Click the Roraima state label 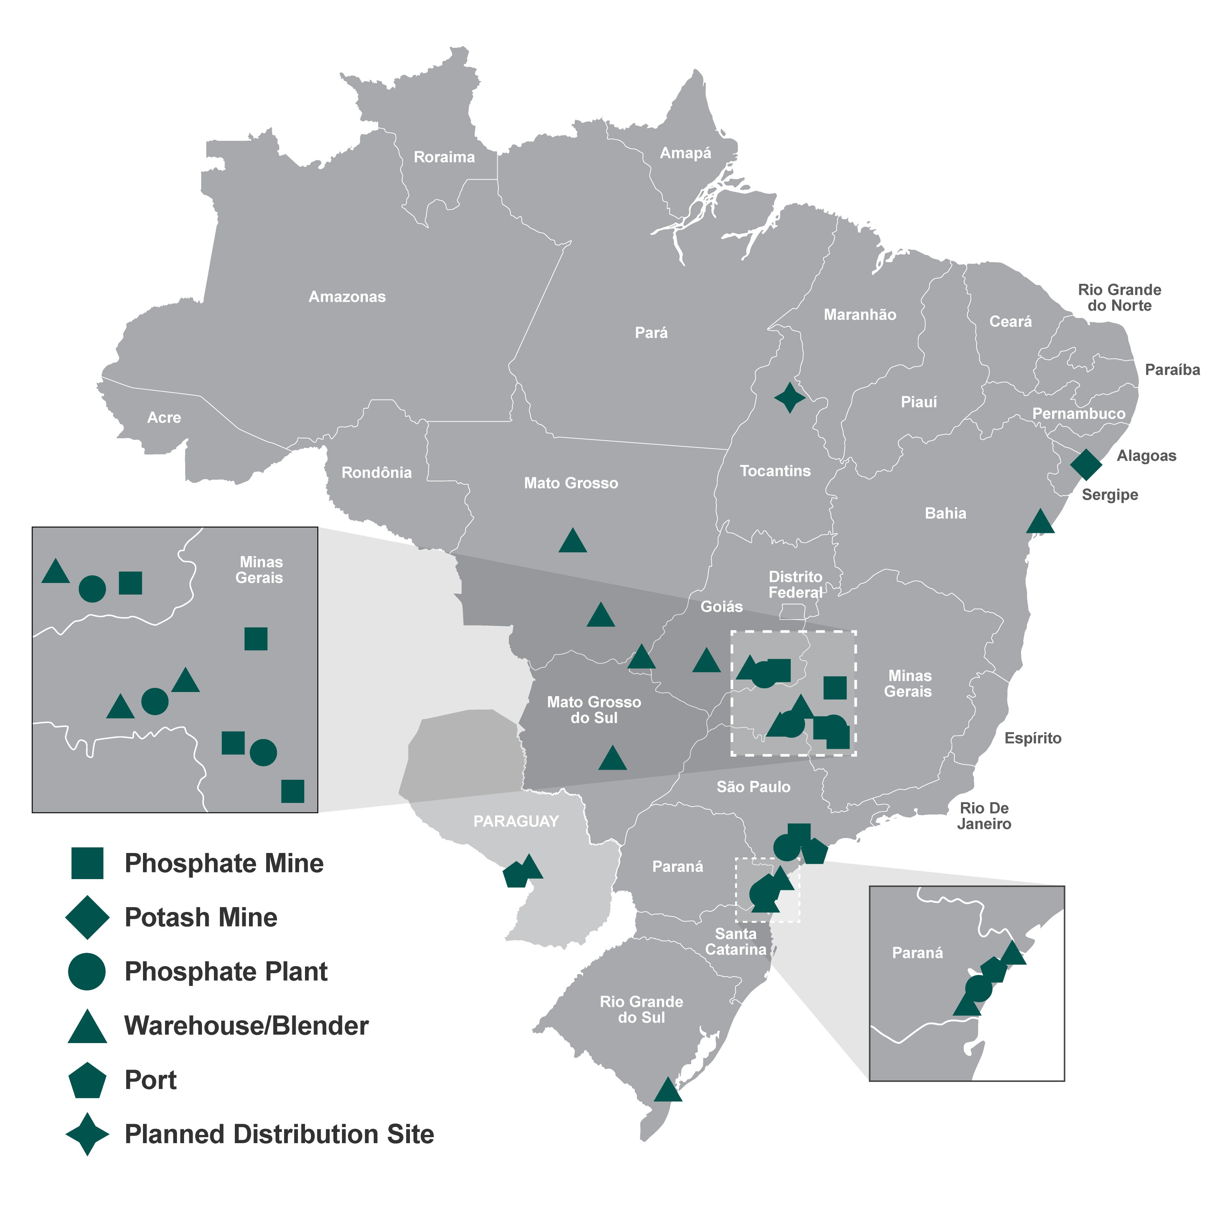444,157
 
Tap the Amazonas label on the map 347,297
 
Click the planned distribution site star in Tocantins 790,398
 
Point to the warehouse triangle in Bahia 1040,522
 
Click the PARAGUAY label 516,821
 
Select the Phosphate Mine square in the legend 87,863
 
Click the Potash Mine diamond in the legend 87,917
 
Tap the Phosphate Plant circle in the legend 87,971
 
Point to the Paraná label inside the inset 917,953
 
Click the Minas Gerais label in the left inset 260,570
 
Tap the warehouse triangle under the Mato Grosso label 572,542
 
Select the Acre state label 164,418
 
